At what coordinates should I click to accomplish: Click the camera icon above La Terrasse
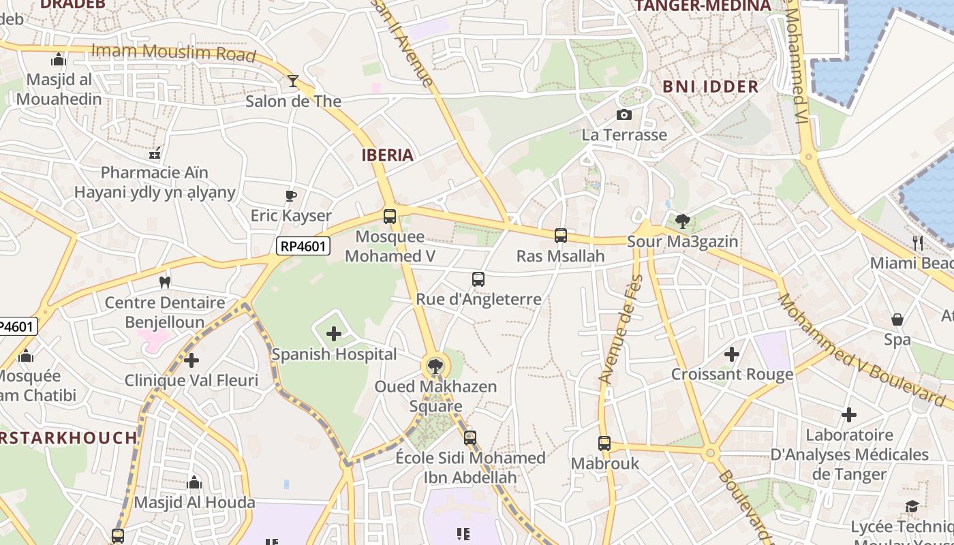[x=624, y=114]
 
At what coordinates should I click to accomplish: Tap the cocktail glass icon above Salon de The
[x=293, y=81]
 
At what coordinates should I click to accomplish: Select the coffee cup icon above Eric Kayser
[x=291, y=196]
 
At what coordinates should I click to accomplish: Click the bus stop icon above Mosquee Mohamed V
[x=390, y=217]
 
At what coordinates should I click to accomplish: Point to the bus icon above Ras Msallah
[x=561, y=236]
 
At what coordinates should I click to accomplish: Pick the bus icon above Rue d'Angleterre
[x=478, y=279]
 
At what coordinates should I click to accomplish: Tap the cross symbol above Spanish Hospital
[x=334, y=334]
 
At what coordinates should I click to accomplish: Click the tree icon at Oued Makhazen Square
[x=435, y=366]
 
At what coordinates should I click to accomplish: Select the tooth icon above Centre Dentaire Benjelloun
[x=164, y=281]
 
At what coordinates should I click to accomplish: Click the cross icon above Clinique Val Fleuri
[x=191, y=360]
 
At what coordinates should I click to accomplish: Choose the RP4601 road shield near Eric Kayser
[x=303, y=246]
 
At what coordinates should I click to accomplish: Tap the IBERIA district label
[x=388, y=155]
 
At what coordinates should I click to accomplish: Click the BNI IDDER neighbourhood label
[x=711, y=87]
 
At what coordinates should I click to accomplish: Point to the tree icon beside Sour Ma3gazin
[x=682, y=221]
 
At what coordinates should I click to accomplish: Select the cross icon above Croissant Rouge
[x=732, y=354]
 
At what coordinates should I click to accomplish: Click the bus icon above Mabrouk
[x=604, y=443]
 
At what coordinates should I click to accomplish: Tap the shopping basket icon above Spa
[x=897, y=319]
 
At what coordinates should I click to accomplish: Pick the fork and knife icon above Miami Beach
[x=918, y=243]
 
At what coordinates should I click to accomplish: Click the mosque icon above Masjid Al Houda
[x=194, y=483]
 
